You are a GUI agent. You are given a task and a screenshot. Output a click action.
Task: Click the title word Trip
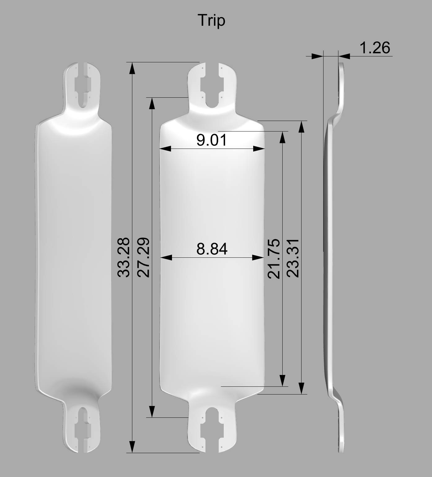point(212,21)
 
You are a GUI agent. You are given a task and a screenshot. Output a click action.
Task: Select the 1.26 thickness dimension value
point(375,48)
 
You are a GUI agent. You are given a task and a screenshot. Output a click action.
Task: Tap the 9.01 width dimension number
point(212,140)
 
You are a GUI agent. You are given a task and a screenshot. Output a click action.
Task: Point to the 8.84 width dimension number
point(212,249)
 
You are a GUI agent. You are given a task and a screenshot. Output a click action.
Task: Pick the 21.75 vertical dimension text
point(274,259)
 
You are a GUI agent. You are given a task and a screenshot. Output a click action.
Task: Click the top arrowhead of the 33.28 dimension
point(132,68)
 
